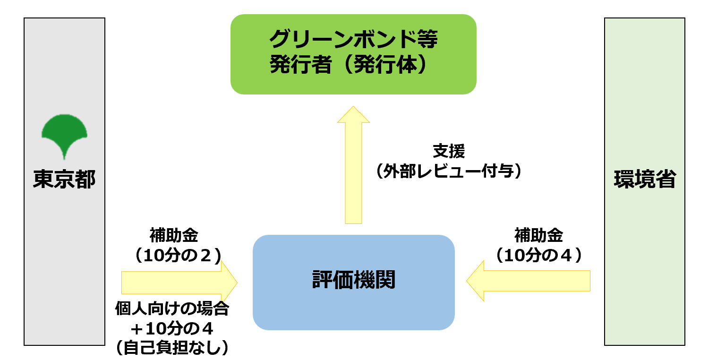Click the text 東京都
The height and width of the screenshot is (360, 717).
click(x=64, y=180)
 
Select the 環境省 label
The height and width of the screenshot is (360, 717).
click(x=644, y=180)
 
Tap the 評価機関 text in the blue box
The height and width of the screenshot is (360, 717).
click(x=353, y=280)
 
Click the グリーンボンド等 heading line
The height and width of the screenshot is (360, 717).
click(x=353, y=40)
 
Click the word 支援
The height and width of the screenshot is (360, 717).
click(x=449, y=152)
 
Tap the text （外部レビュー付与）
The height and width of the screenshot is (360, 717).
click(x=449, y=171)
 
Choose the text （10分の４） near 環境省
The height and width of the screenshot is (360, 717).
click(x=538, y=256)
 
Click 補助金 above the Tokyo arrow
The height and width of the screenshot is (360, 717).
click(x=174, y=235)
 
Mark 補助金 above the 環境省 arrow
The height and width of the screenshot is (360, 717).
click(x=538, y=235)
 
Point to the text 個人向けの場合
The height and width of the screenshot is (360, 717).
click(x=172, y=309)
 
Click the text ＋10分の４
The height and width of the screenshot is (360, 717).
click(x=172, y=328)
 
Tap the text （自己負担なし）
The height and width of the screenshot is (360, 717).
click(x=172, y=348)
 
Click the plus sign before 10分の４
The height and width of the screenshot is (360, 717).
click(x=137, y=328)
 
